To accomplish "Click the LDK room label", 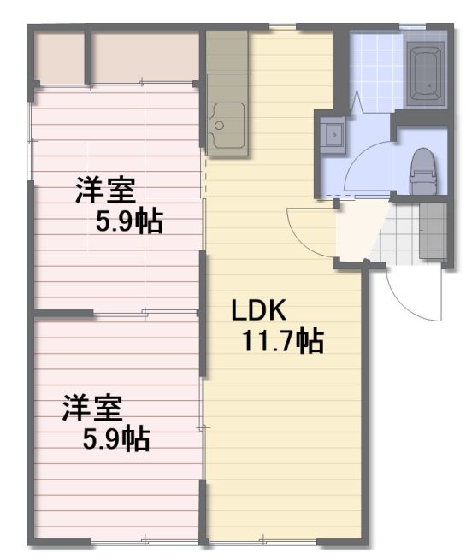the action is coord(258,310).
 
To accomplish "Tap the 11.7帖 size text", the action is coord(283,341).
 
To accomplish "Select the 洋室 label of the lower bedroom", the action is coord(92,409).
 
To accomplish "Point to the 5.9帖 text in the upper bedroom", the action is coord(129,221).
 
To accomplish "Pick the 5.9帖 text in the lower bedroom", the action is coord(116,439).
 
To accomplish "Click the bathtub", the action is coord(426,74).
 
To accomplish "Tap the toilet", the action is coord(423,171).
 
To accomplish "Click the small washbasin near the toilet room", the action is coord(333,134).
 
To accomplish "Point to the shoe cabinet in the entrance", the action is coord(433,231).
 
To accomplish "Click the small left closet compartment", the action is coord(59,58).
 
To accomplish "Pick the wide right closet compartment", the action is coord(145,58).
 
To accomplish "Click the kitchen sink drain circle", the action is coord(219,125).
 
